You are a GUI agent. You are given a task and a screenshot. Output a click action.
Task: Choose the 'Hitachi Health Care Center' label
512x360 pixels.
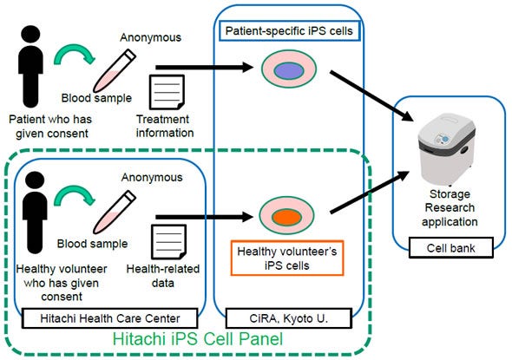click(110, 319)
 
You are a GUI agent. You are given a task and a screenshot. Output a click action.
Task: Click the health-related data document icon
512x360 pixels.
click(165, 239)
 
